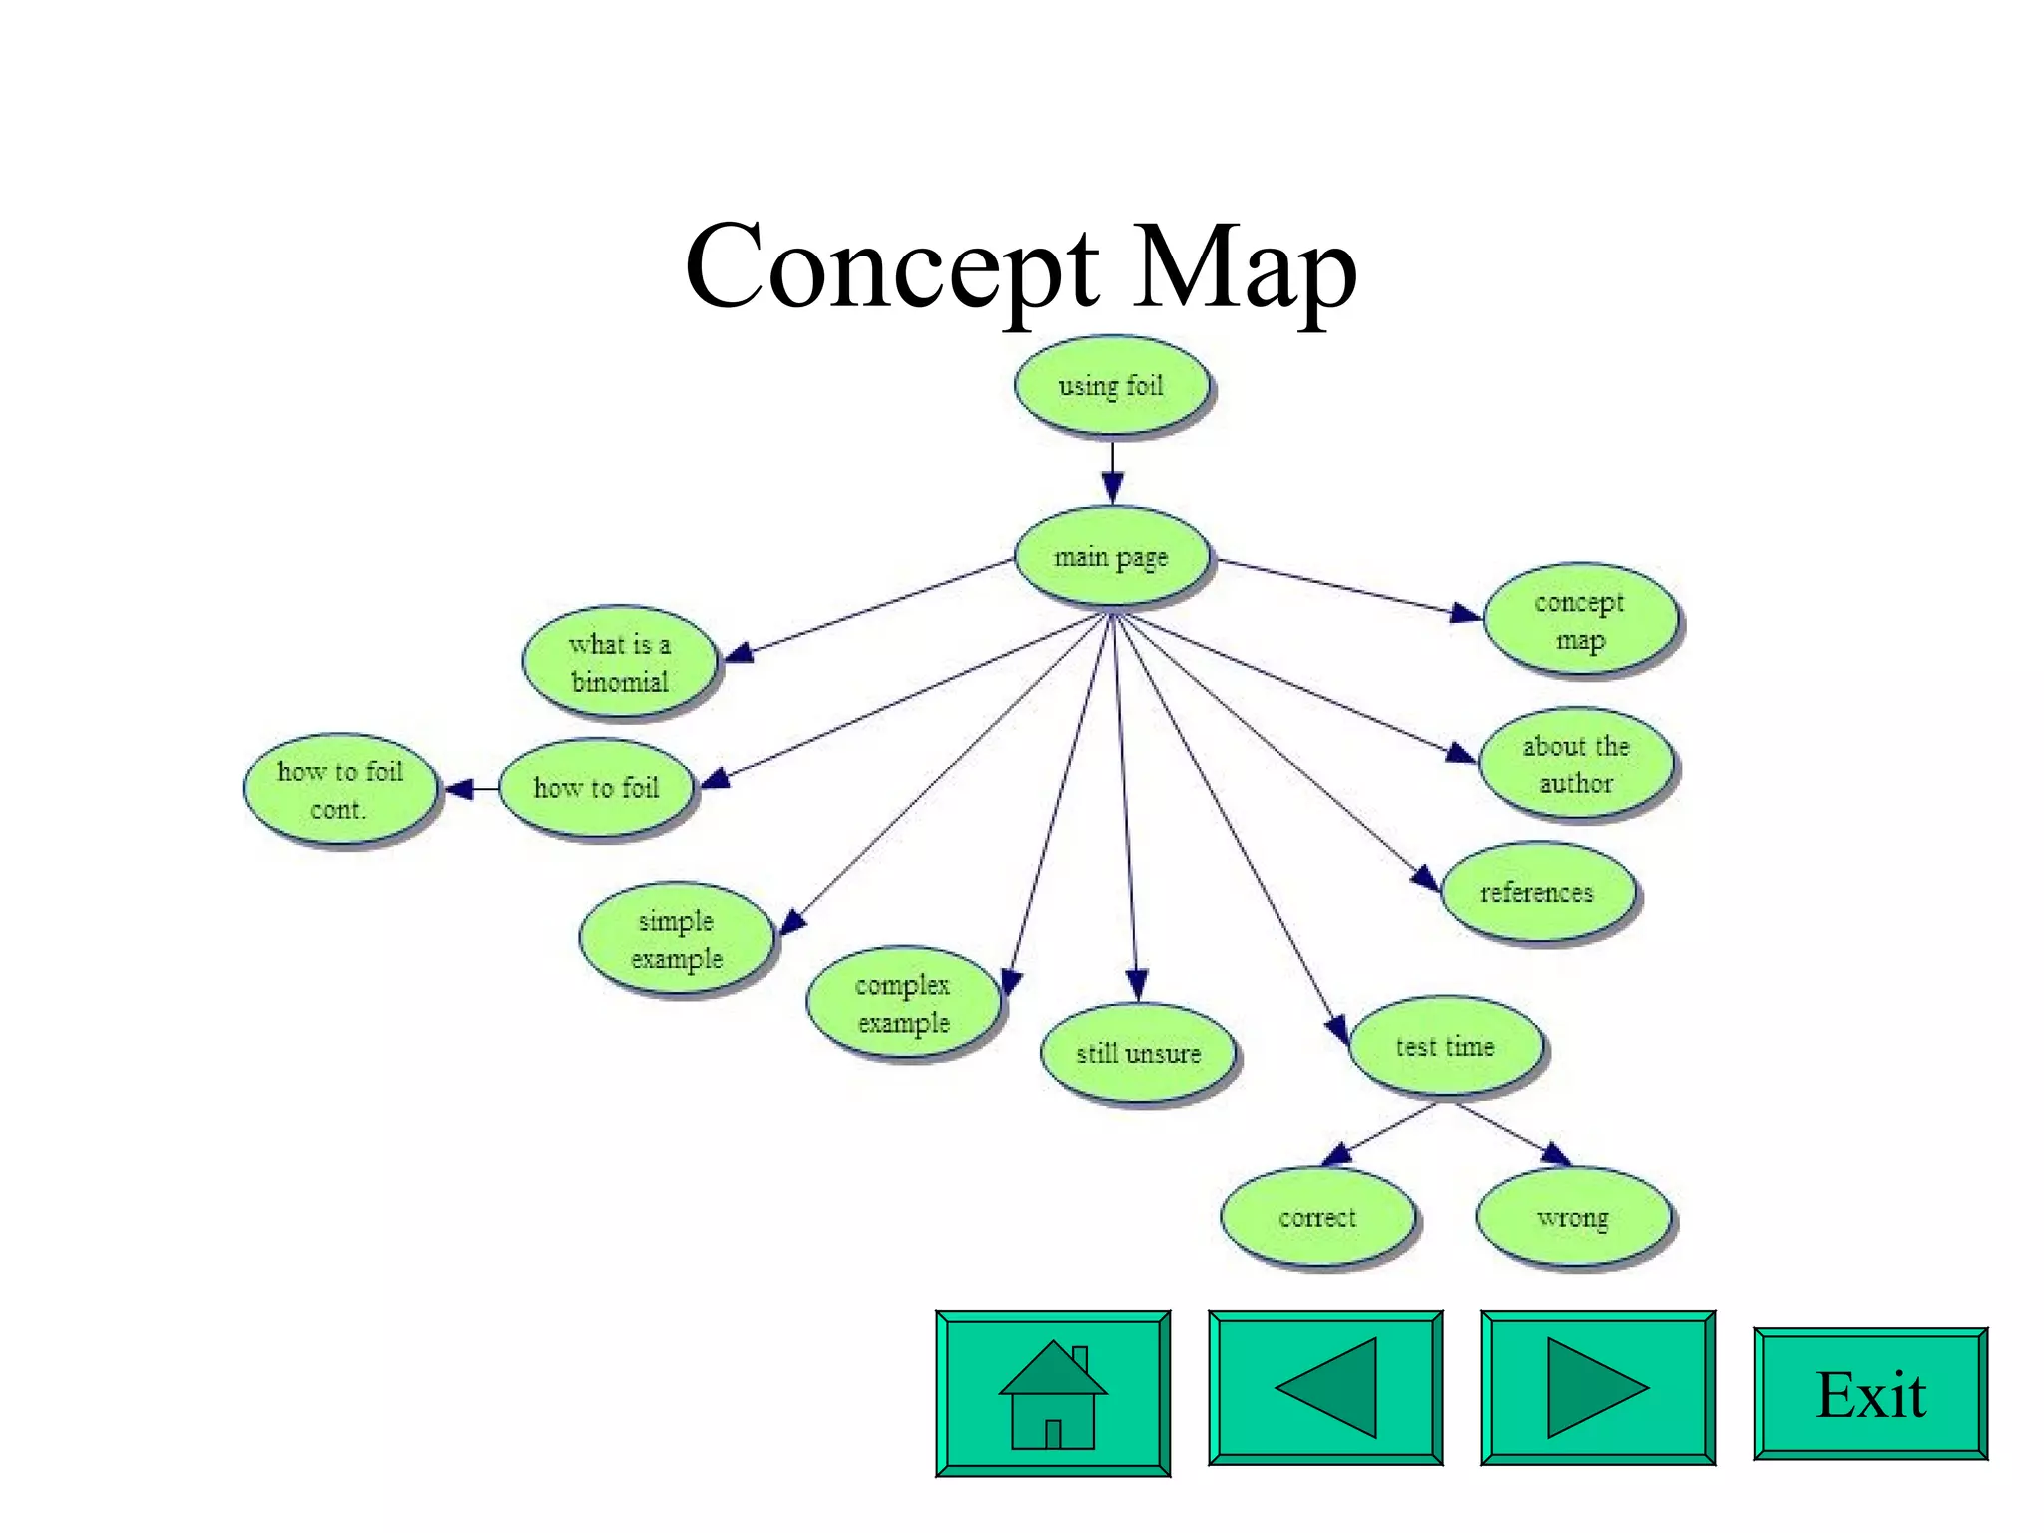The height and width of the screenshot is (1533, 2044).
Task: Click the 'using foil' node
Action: pyautogui.click(x=1111, y=386)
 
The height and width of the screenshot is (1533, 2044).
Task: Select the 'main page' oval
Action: pyautogui.click(x=1111, y=557)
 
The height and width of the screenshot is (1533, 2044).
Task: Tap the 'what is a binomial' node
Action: pyautogui.click(x=620, y=662)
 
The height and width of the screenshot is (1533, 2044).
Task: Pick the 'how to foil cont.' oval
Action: pyautogui.click(x=340, y=790)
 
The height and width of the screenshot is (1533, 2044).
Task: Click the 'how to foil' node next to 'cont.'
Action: pyautogui.click(x=596, y=788)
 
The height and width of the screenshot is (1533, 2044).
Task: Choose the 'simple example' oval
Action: pyautogui.click(x=677, y=939)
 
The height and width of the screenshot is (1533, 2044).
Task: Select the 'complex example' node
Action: pyautogui.click(x=903, y=1003)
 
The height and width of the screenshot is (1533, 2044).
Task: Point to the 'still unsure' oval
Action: pyautogui.click(x=1138, y=1053)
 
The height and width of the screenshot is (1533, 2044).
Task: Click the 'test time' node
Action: pyautogui.click(x=1445, y=1046)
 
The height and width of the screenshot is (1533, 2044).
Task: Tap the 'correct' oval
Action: pyautogui.click(x=1317, y=1217)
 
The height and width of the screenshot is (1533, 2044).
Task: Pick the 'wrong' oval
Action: pyautogui.click(x=1573, y=1217)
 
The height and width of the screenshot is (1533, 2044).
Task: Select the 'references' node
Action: pyautogui.click(x=1537, y=892)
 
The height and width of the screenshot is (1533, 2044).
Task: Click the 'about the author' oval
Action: pyautogui.click(x=1576, y=765)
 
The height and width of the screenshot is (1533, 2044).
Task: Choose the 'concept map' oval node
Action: pyautogui.click(x=1580, y=620)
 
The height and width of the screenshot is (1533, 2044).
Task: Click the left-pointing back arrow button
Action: pyautogui.click(x=1325, y=1388)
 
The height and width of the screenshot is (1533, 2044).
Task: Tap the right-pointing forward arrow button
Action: pyautogui.click(x=1597, y=1388)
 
